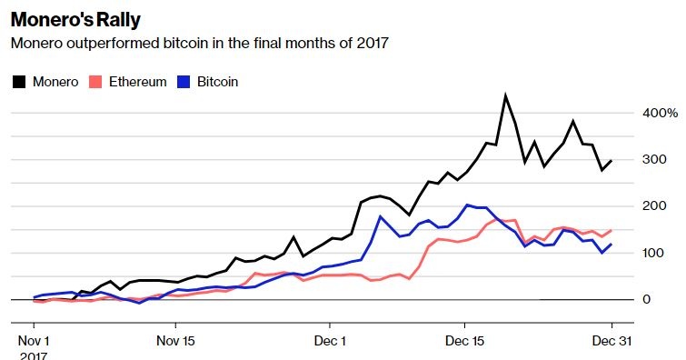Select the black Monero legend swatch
coord(18,82)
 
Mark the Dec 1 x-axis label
coord(330,342)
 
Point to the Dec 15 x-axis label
coord(464,342)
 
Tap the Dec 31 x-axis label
coord(611,342)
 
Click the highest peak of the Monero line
coord(505,95)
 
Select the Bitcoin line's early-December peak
coord(380,216)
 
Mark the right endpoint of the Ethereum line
coord(611,230)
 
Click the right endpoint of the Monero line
coord(611,161)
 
